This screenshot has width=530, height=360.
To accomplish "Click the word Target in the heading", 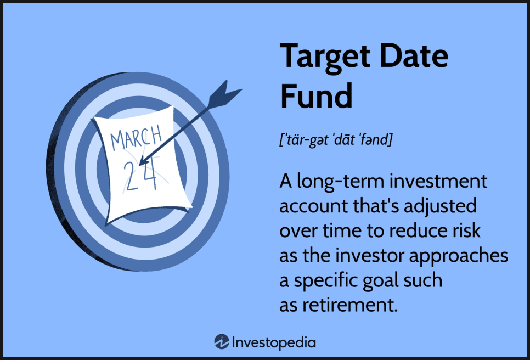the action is point(325,58).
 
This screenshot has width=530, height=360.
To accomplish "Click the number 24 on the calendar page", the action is point(140,175).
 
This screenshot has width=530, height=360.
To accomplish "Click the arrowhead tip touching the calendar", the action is point(140,164).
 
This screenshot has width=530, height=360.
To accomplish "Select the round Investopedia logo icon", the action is point(222,342).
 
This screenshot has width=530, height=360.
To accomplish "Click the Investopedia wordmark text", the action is point(274,343).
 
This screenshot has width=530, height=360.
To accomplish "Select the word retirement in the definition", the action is point(350,305).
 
